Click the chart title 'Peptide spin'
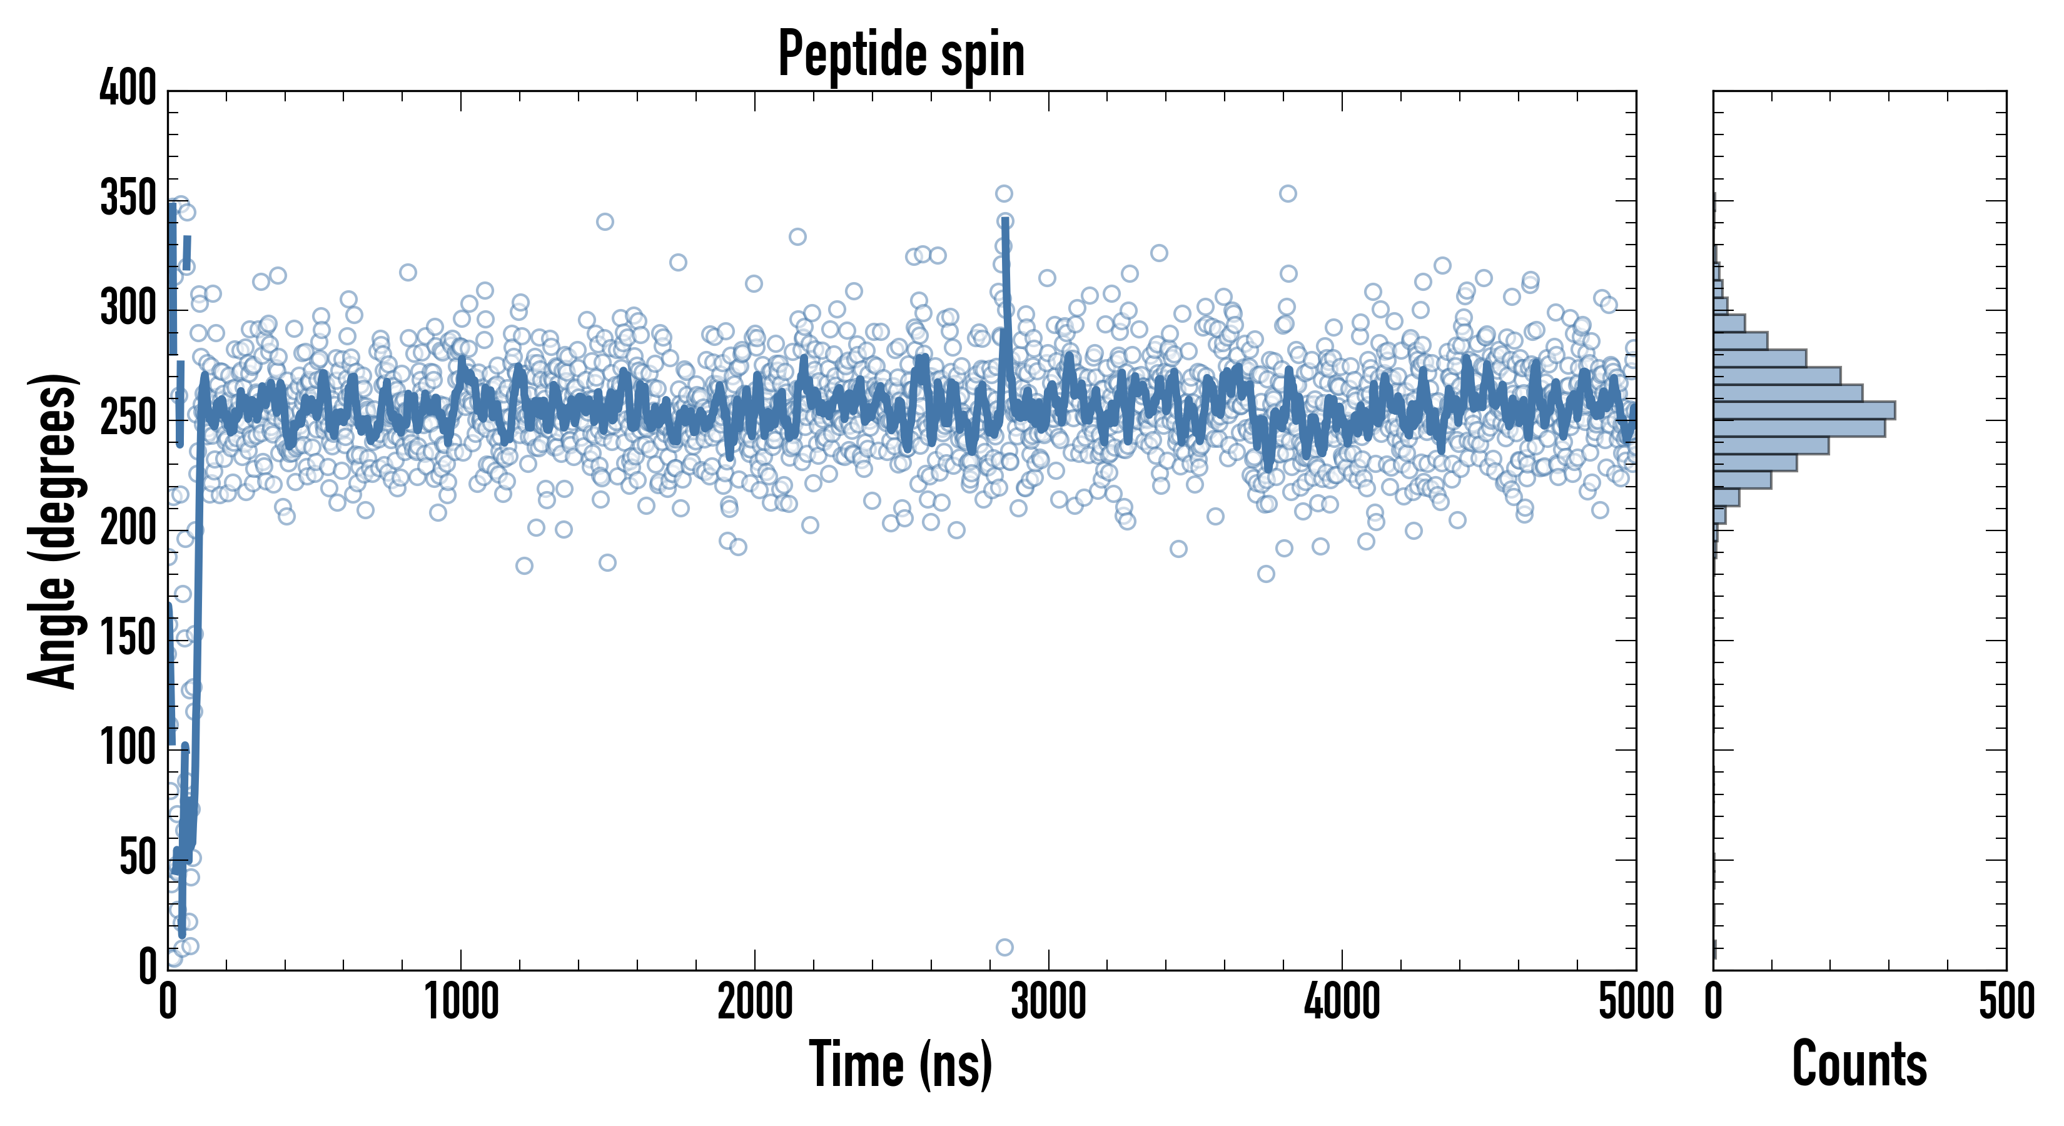901,54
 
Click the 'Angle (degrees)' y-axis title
53,530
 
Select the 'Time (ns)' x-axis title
901,1064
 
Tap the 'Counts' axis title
1859,1064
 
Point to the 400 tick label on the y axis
128,88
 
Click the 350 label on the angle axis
128,199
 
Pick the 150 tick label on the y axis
128,639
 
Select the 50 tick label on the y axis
138,858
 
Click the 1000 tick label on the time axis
462,1002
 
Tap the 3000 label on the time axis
1048,1002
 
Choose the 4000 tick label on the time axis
1342,1002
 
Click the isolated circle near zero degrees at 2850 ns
1004,947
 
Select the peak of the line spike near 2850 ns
1004,221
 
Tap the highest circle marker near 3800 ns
1288,193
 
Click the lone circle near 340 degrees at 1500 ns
605,221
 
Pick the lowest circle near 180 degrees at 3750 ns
1266,574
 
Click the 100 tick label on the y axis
128,749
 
